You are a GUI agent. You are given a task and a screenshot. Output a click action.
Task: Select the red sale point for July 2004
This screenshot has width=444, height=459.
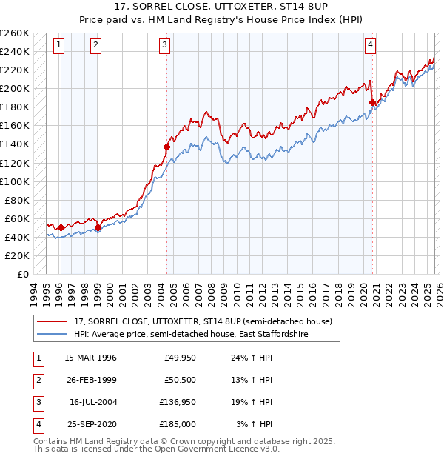(166, 147)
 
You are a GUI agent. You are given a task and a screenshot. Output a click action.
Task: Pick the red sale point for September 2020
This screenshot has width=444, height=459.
(372, 102)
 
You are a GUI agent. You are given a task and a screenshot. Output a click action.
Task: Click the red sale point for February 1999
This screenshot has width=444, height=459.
(98, 227)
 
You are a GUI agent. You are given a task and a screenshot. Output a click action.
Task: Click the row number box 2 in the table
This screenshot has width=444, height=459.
(37, 380)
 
